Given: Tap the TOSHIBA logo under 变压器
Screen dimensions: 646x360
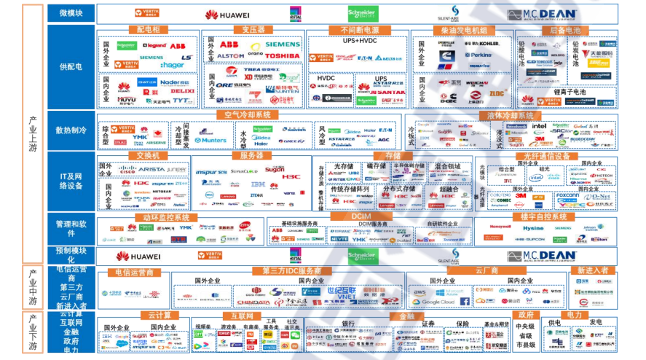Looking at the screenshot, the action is click(x=282, y=56).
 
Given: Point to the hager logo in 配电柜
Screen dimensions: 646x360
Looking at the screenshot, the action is click(x=172, y=66).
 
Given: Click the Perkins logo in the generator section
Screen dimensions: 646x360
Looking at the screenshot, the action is click(x=477, y=55).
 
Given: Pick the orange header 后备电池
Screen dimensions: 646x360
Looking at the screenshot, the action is click(x=565, y=31).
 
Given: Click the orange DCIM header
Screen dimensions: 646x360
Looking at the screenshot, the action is click(x=361, y=217).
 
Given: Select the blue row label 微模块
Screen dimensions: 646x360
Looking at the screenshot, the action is click(x=71, y=13).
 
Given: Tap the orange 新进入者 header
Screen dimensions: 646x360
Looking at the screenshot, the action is click(x=592, y=271).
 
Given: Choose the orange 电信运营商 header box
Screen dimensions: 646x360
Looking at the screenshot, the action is click(x=135, y=272).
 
